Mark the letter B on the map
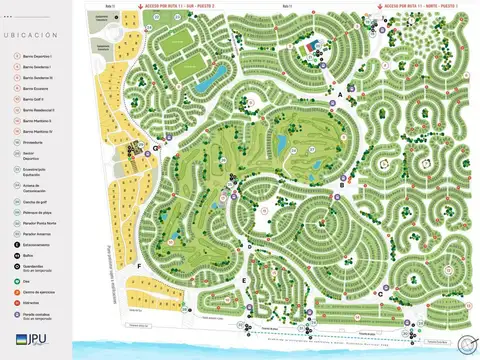point(341,184)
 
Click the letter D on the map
point(249,245)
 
